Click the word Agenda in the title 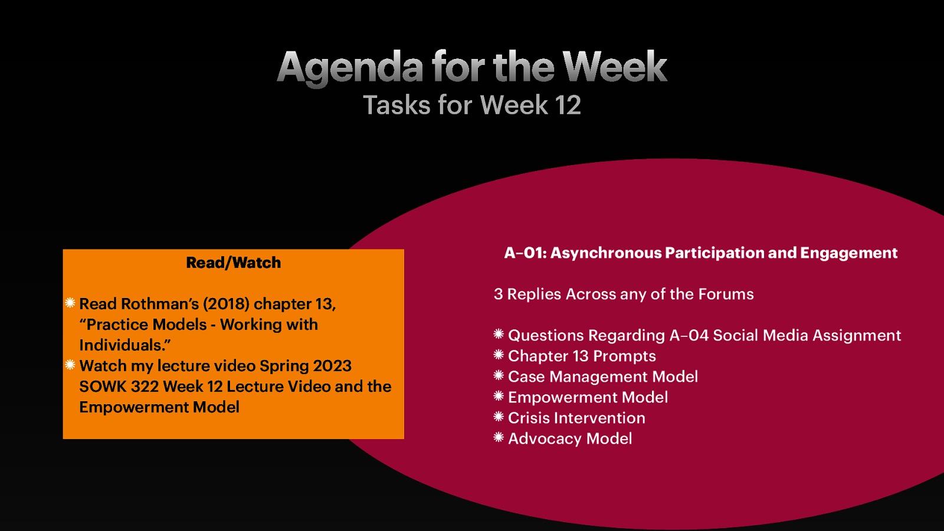pos(350,67)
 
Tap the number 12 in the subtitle pos(568,106)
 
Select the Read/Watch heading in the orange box pos(233,263)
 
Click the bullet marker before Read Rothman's pos(70,303)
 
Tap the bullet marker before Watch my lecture pos(70,365)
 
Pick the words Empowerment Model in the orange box pos(159,407)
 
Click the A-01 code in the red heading pos(524,253)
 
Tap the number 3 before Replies pos(498,294)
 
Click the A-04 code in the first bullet pos(689,336)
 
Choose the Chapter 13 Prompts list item pos(582,356)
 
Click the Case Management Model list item pos(602,377)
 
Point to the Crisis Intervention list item pos(576,418)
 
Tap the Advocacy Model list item pos(570,439)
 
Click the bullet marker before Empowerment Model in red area pos(499,396)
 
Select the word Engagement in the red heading pos(848,253)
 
